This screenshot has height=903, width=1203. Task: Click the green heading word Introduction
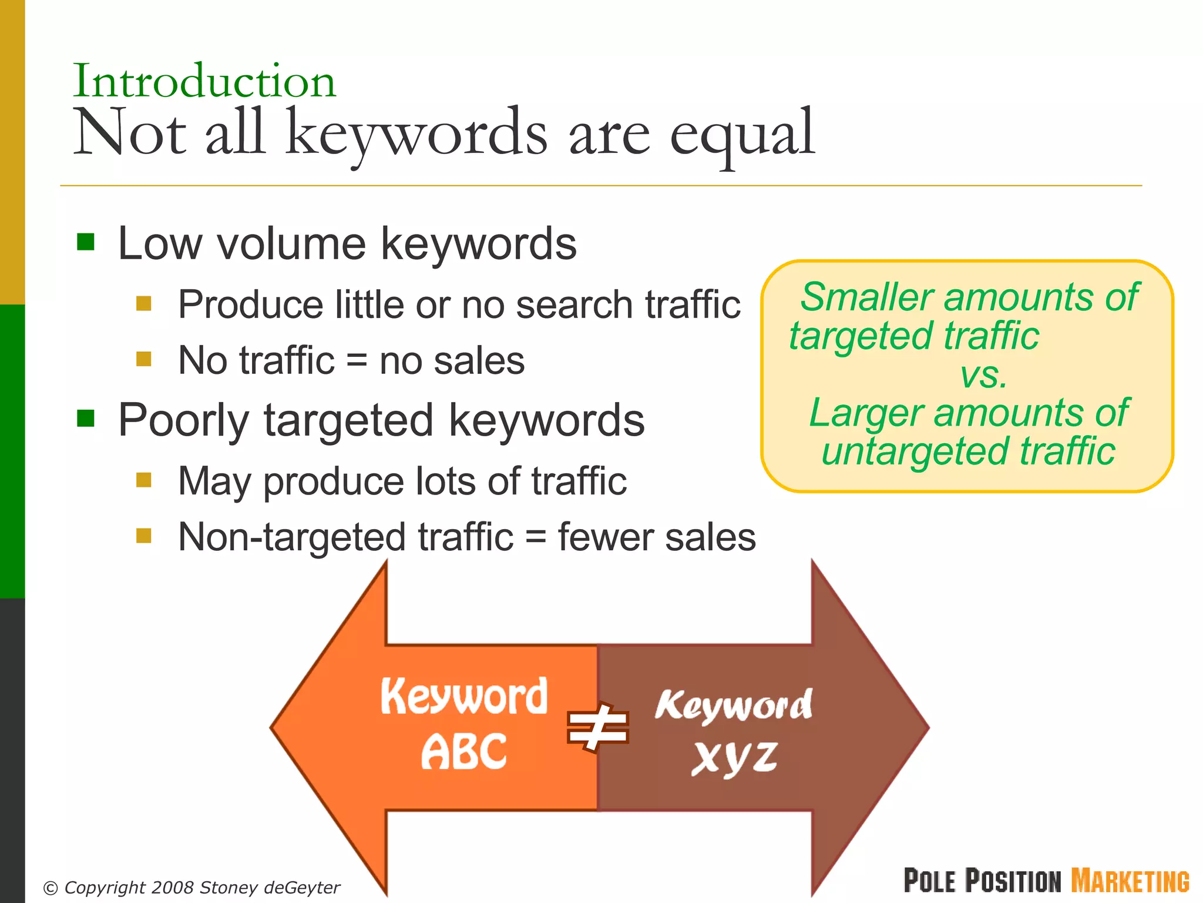[x=204, y=81]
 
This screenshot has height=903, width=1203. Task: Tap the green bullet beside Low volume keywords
[x=86, y=242]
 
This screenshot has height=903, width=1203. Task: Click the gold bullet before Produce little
[x=144, y=303]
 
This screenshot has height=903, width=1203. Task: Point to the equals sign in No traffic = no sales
[x=357, y=360]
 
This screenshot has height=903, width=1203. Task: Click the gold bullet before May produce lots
[x=144, y=480]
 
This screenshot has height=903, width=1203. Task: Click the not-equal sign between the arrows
[x=597, y=728]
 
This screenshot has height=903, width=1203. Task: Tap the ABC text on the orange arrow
[x=464, y=752]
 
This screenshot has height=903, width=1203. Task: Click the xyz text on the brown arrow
[x=734, y=758]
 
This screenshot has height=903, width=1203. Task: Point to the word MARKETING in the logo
[x=1130, y=881]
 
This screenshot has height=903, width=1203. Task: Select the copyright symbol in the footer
[x=51, y=888]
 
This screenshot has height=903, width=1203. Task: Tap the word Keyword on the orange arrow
[x=464, y=697]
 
